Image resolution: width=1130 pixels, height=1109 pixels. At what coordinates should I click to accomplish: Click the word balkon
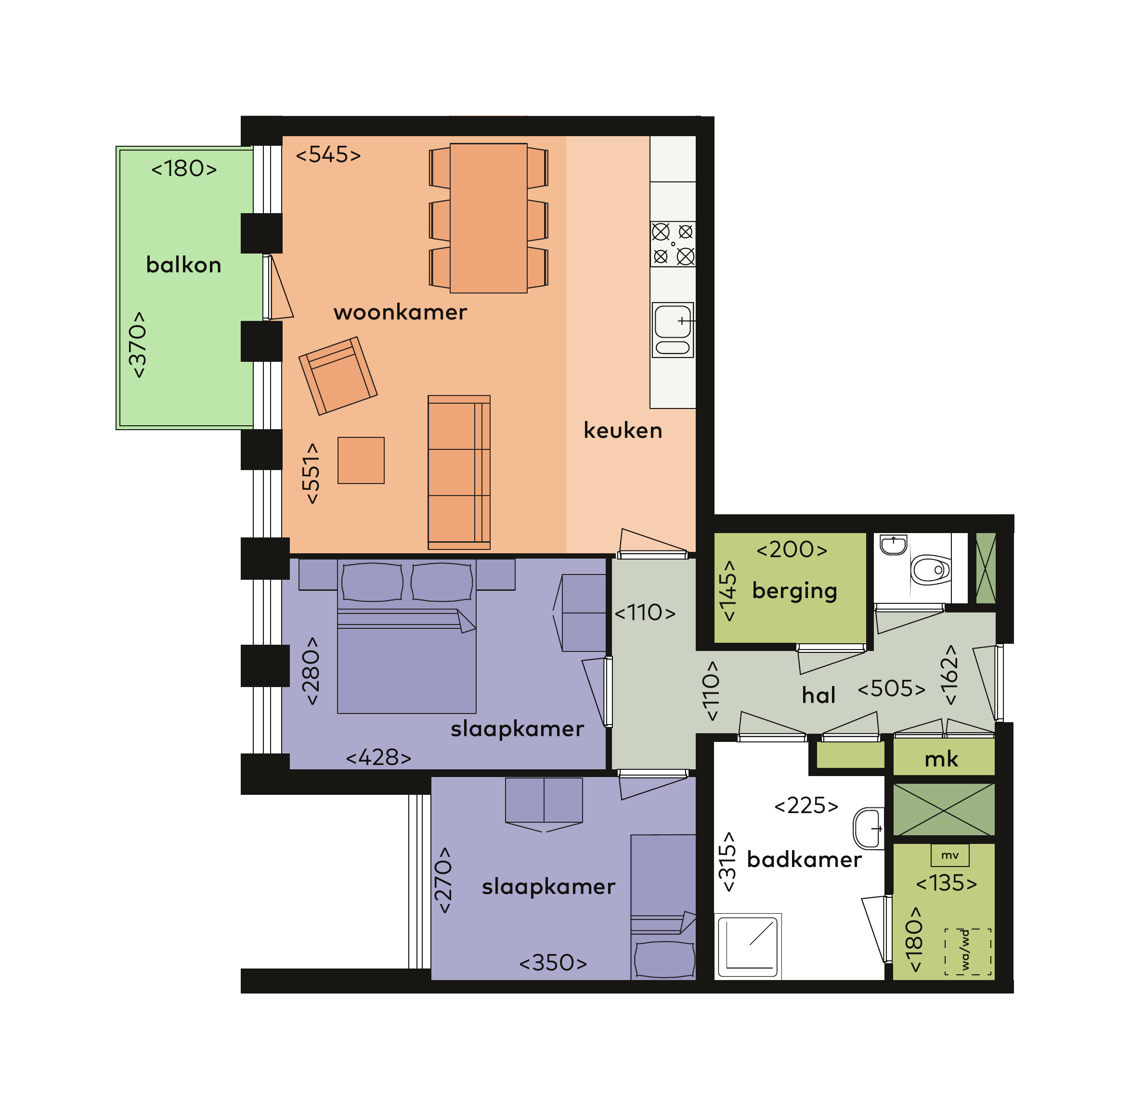click(x=183, y=265)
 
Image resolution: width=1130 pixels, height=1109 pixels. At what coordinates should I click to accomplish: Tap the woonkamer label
click(x=401, y=312)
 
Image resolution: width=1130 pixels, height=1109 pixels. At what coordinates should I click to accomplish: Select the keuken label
click(x=623, y=431)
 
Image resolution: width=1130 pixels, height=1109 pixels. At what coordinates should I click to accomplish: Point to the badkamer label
click(x=804, y=860)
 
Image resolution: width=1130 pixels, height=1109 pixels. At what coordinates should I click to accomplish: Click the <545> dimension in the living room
click(x=328, y=155)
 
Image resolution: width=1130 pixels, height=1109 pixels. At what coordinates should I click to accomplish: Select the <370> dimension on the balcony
click(x=138, y=345)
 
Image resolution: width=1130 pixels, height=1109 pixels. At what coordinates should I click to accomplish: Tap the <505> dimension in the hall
click(x=892, y=689)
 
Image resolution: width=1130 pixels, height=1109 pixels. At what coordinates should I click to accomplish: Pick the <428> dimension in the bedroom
click(x=379, y=758)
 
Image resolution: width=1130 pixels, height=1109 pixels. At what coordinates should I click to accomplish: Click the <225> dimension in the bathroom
click(x=806, y=805)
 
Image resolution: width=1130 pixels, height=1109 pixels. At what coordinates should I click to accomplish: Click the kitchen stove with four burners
click(x=673, y=244)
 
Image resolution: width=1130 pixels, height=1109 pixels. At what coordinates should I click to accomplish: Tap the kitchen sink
click(x=673, y=330)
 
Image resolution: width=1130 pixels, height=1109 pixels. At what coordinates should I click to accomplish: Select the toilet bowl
click(x=931, y=569)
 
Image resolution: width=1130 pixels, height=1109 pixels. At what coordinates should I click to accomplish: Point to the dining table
click(x=488, y=218)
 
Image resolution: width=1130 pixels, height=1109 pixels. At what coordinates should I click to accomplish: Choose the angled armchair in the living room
click(x=338, y=376)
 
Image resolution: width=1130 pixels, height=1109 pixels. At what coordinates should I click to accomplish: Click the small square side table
click(x=361, y=460)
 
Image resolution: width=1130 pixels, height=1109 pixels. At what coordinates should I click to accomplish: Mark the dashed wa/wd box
click(x=967, y=951)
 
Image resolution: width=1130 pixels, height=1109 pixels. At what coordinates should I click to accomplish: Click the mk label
click(x=941, y=760)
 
